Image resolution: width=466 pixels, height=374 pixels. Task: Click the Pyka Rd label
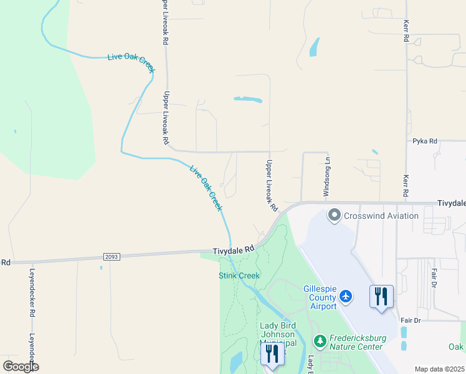coord(424,141)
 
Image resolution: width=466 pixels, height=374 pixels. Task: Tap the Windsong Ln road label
coord(325,178)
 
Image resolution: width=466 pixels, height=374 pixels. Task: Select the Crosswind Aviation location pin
coord(335,216)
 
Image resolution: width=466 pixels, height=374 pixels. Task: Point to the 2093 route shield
coord(111,256)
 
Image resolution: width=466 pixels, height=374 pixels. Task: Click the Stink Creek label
coord(239,276)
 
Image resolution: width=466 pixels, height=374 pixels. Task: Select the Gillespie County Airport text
coord(320,297)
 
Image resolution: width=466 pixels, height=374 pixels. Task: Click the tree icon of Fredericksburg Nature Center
coord(320,341)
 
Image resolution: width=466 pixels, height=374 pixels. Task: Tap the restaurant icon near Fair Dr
coord(381,295)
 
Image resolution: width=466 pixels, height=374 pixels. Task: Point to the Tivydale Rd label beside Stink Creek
coord(234,249)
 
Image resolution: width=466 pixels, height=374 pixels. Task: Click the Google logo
coord(21,366)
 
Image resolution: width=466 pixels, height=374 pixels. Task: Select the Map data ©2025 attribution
coord(439,369)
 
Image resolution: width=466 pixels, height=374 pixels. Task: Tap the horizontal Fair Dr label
coord(411,320)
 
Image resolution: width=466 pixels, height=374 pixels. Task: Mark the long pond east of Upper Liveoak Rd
coord(247,99)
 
